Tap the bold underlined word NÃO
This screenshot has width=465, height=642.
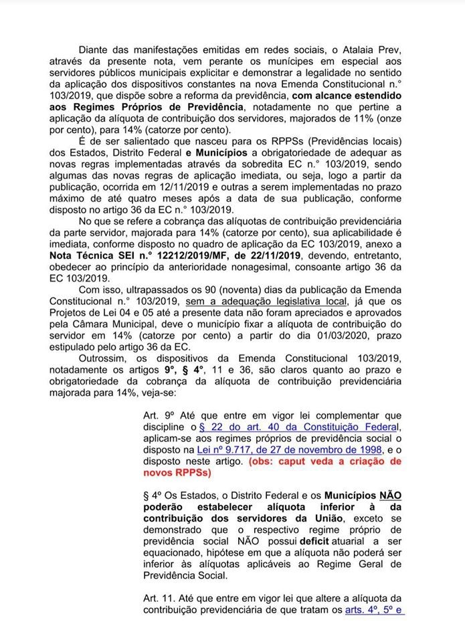pyautogui.click(x=390, y=497)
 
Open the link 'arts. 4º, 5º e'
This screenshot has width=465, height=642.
pyautogui.click(x=374, y=610)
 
